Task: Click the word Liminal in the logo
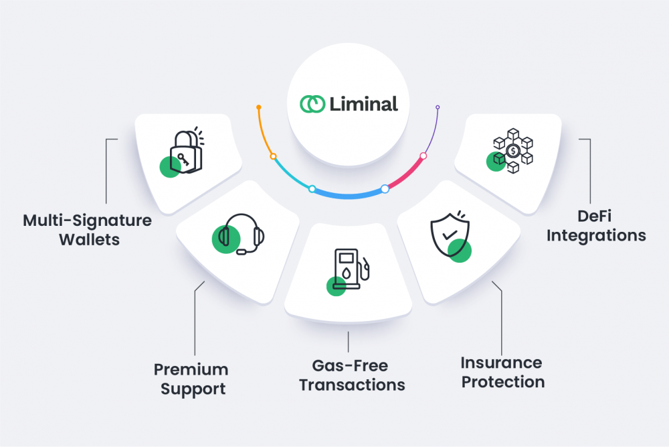pyautogui.click(x=363, y=104)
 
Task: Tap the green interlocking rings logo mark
pyautogui.click(x=312, y=104)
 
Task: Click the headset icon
pyautogui.click(x=241, y=234)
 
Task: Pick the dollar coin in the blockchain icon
pyautogui.click(x=513, y=150)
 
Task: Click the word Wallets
pyautogui.click(x=89, y=240)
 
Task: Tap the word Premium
pyautogui.click(x=191, y=370)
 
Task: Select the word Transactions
pyautogui.click(x=352, y=385)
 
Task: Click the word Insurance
pyautogui.click(x=501, y=363)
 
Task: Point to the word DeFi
pyautogui.click(x=594, y=216)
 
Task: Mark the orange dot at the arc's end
pyautogui.click(x=258, y=107)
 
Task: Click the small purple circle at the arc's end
pyautogui.click(x=438, y=107)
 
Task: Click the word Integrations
pyautogui.click(x=596, y=236)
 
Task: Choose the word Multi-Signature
pyautogui.click(x=88, y=221)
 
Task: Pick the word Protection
pyautogui.click(x=503, y=382)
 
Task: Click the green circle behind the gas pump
pyautogui.click(x=337, y=286)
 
